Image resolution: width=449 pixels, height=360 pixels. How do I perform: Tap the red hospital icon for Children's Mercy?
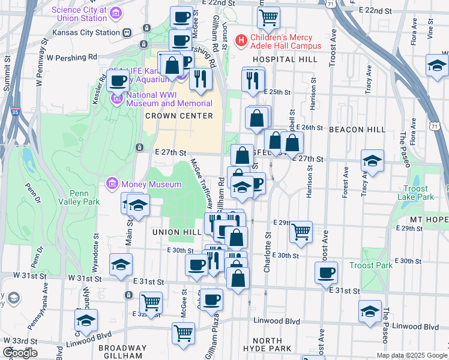point(241,41)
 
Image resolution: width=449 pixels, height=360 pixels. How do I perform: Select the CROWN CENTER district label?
point(179,116)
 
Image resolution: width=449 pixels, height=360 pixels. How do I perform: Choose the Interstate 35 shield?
point(15,112)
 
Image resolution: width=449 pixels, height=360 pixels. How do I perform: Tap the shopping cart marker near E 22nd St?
point(268,17)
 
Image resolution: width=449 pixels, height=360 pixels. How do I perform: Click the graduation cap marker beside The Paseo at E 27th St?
point(372,161)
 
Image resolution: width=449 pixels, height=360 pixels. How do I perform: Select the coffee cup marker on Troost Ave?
point(327,272)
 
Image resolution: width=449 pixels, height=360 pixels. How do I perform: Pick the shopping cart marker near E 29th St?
point(301,230)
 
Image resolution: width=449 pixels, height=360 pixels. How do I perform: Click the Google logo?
point(20,352)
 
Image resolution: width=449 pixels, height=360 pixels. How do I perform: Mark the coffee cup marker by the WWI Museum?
point(118,80)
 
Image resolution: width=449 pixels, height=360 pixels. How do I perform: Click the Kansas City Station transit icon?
point(127,32)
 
